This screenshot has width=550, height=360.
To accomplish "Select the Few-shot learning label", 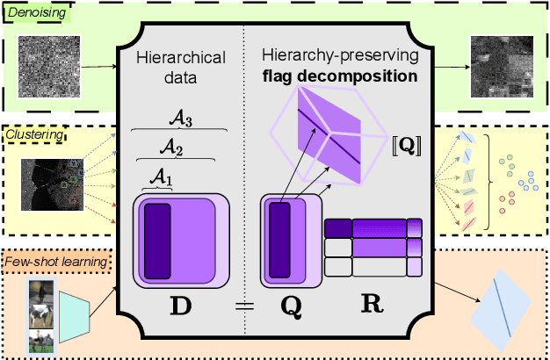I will [x=54, y=260].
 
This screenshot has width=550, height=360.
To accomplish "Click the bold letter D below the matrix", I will [x=180, y=308].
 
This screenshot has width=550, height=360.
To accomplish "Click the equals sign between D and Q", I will [x=244, y=306].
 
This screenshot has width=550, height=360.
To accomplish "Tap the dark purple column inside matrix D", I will [x=157, y=241].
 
